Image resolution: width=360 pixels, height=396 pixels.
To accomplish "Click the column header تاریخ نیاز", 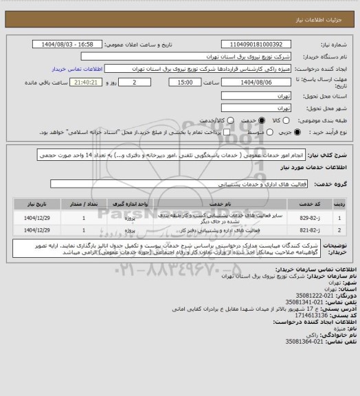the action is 30,205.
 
